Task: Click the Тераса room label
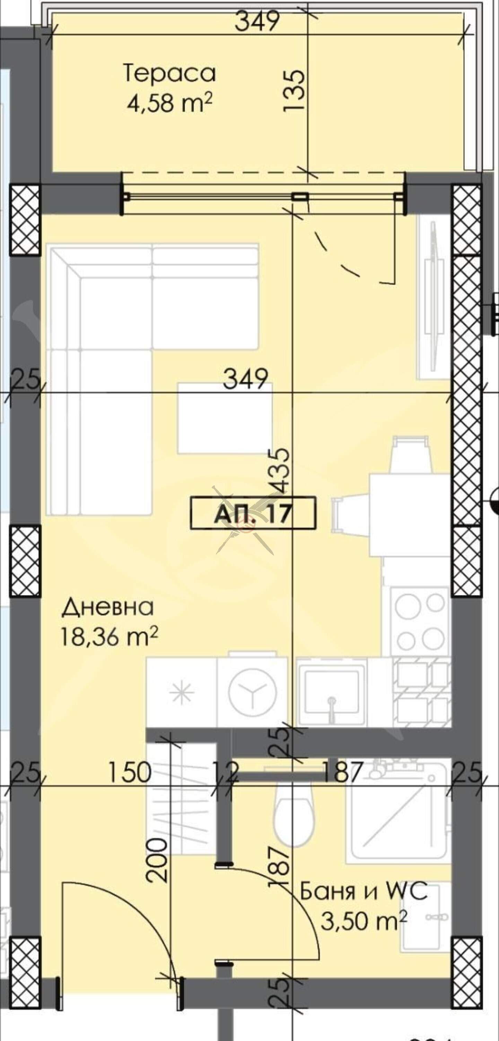pyautogui.click(x=169, y=74)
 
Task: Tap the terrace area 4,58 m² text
pyautogui.click(x=169, y=103)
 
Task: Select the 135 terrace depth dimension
pyautogui.click(x=294, y=90)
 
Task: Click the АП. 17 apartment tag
pyautogui.click(x=253, y=513)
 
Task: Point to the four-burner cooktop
pyautogui.click(x=420, y=619)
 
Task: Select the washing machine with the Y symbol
pyautogui.click(x=252, y=692)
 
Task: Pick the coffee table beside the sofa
pyautogui.click(x=225, y=418)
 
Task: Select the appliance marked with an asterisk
pyautogui.click(x=182, y=692)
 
